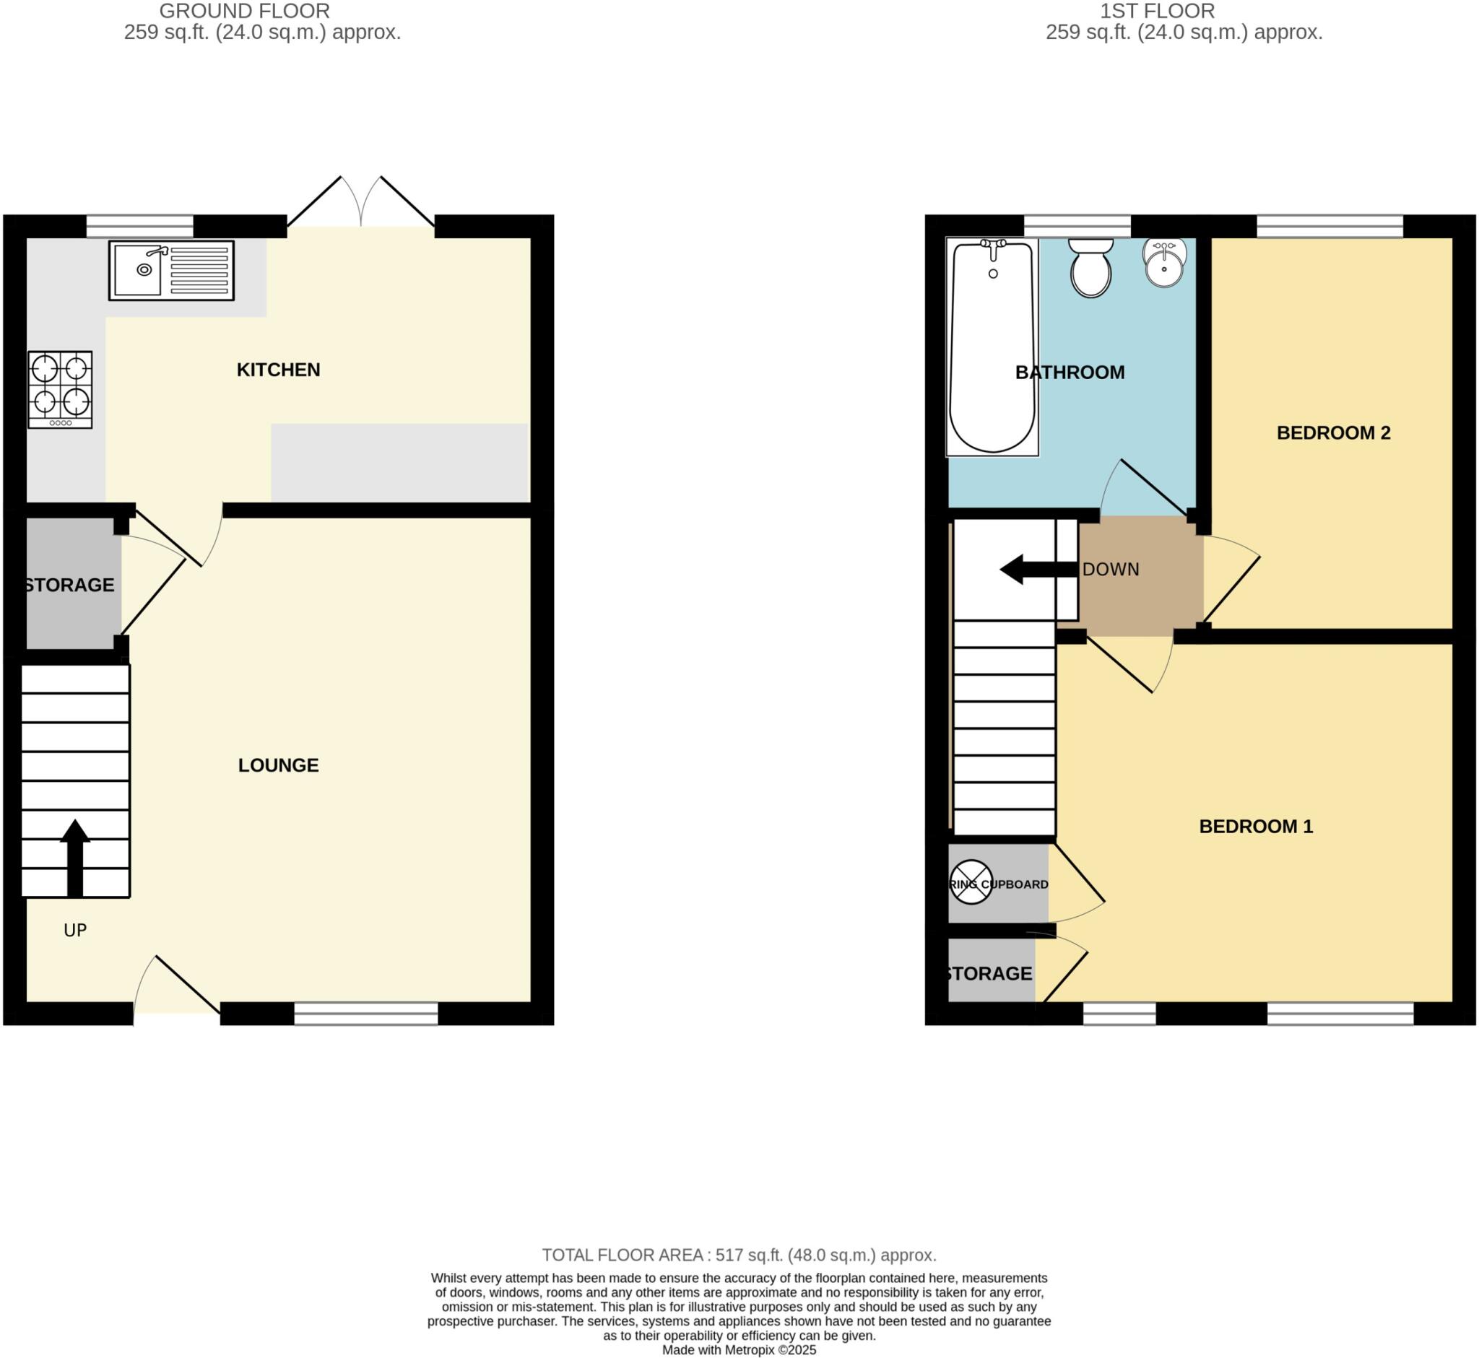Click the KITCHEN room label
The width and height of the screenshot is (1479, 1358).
(x=278, y=370)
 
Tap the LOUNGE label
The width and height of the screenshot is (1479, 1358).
(x=278, y=765)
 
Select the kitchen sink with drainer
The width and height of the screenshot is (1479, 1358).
(x=171, y=271)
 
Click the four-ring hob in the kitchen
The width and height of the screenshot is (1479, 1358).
(x=60, y=389)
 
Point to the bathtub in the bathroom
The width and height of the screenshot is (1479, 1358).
(x=992, y=346)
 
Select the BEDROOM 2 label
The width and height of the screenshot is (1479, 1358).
(x=1332, y=433)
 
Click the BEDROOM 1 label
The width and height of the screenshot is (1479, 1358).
(x=1256, y=826)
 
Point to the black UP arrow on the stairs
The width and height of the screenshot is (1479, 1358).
(x=75, y=857)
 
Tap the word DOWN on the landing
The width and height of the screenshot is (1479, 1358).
(x=1110, y=570)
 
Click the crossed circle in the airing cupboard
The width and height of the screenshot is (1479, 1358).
(x=971, y=882)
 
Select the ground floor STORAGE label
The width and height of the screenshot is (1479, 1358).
(x=69, y=585)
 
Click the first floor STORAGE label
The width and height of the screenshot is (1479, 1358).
(x=988, y=974)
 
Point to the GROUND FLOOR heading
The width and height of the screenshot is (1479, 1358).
(x=244, y=11)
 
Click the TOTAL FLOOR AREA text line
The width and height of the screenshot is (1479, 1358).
(x=739, y=1255)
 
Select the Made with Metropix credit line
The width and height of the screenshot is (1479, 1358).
(x=739, y=1350)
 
